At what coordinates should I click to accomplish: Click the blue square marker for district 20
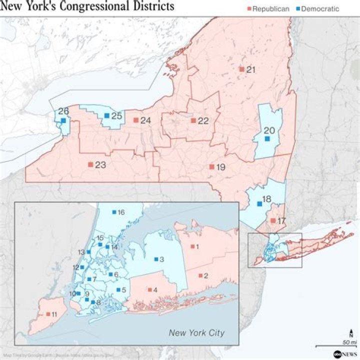(x=267, y=138)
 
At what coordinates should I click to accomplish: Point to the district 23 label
(x=100, y=165)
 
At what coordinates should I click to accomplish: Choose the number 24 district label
(x=145, y=120)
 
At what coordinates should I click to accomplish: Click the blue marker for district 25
(x=106, y=115)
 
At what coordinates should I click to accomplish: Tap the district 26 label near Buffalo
(x=63, y=111)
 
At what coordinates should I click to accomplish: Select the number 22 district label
(x=203, y=121)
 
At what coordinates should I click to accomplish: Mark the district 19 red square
(x=211, y=166)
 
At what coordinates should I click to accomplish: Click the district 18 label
(x=267, y=199)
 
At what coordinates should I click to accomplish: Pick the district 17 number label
(x=281, y=220)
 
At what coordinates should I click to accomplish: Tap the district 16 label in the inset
(x=121, y=212)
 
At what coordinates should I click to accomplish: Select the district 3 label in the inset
(x=161, y=259)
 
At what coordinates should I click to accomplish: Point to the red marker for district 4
(x=149, y=290)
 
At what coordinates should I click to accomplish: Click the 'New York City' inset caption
(x=196, y=333)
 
